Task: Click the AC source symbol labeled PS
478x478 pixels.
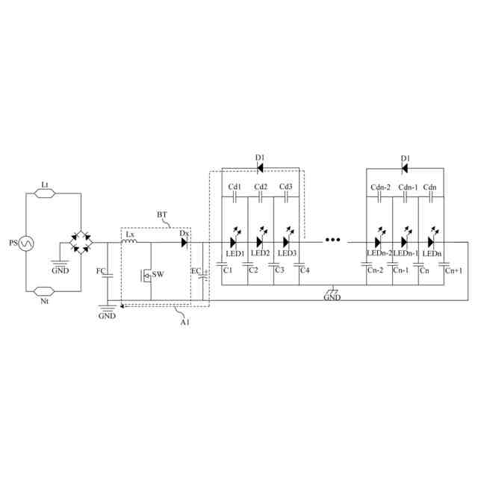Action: tap(24, 243)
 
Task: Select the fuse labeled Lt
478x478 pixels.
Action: tap(44, 193)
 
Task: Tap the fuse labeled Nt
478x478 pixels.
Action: tap(44, 290)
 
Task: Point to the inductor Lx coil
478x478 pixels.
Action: tap(130, 241)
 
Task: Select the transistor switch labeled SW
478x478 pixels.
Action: tap(149, 275)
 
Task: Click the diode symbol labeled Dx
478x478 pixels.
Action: tap(183, 241)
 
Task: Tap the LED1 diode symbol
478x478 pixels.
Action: tap(234, 242)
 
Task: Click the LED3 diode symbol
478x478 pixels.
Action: tap(286, 242)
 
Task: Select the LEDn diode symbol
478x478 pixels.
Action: tap(431, 242)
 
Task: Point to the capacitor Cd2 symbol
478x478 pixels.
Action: tap(261, 199)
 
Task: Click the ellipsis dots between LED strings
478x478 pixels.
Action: tap(332, 241)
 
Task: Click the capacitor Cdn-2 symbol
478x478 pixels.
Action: tap(380, 199)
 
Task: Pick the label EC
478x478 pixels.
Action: tap(196, 270)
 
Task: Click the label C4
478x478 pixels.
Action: tap(304, 270)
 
